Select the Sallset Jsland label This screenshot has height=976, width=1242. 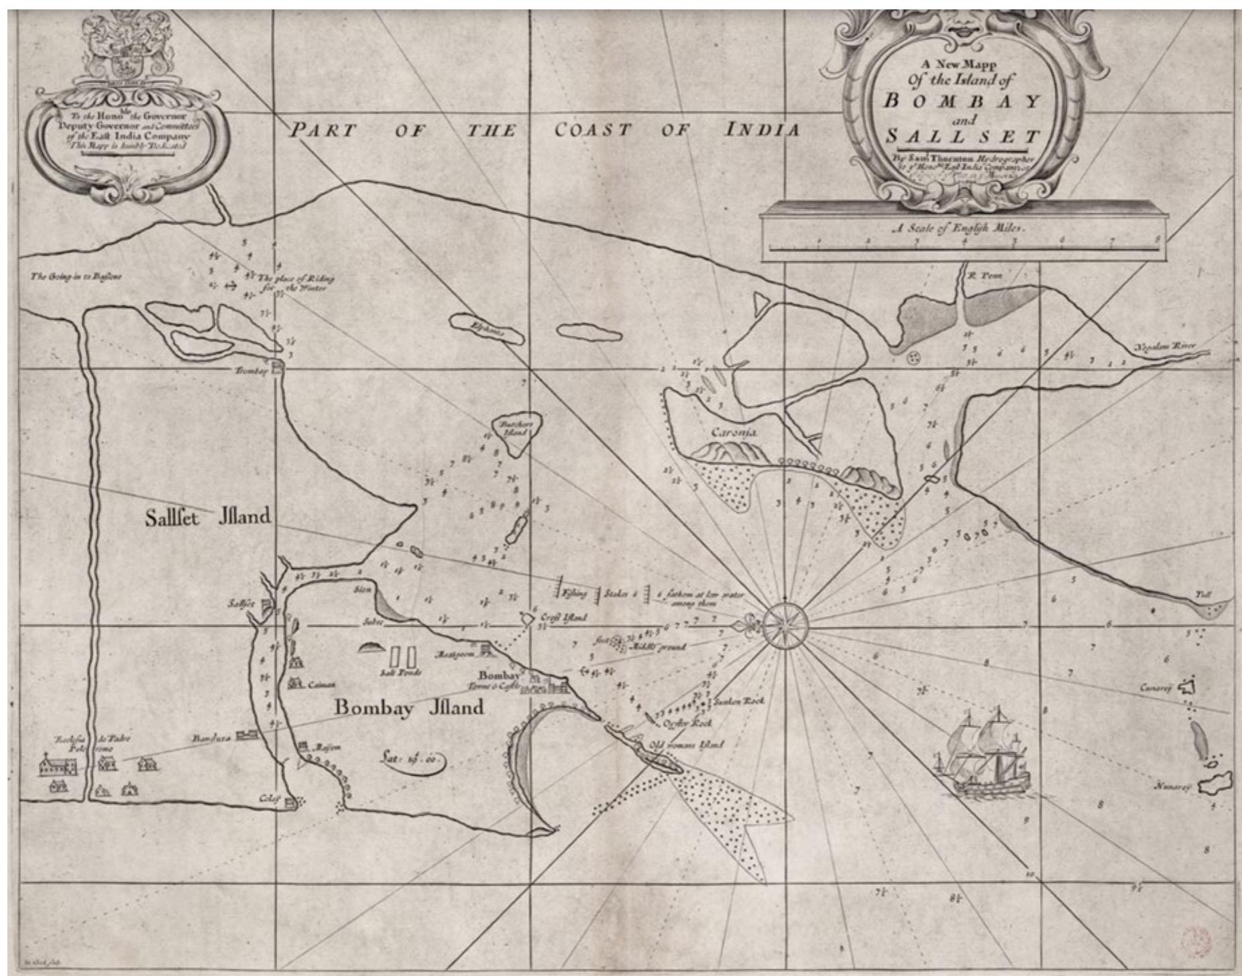pyautogui.click(x=209, y=517)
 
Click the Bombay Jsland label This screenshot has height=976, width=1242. pyautogui.click(x=408, y=708)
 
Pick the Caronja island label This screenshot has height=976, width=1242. pyautogui.click(x=734, y=433)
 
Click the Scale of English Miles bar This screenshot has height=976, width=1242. pyautogui.click(x=963, y=248)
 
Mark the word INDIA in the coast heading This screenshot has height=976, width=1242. pyautogui.click(x=763, y=130)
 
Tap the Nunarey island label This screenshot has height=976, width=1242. pyautogui.click(x=1172, y=788)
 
